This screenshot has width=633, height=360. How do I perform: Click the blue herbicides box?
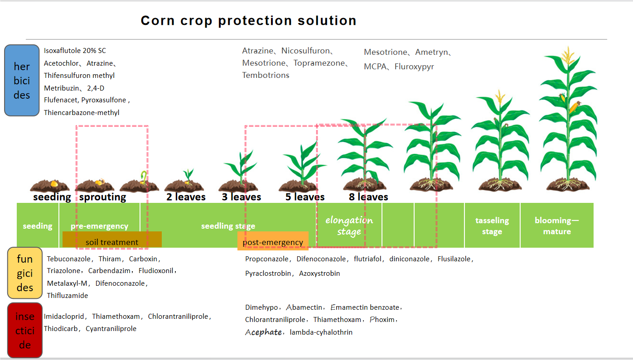click(x=22, y=80)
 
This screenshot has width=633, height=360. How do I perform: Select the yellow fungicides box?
click(x=25, y=273)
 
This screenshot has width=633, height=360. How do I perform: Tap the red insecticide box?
click(x=25, y=330)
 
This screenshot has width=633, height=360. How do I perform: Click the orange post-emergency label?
click(x=273, y=241)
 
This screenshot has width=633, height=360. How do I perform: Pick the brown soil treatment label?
click(x=112, y=240)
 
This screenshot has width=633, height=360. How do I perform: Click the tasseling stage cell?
click(x=492, y=226)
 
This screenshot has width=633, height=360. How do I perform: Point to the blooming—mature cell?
click(x=557, y=226)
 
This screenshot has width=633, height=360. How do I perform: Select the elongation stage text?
click(x=349, y=226)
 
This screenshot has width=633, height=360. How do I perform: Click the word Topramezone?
click(x=319, y=63)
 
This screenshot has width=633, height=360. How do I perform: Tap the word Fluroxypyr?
click(x=414, y=67)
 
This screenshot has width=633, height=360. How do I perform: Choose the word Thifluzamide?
click(x=67, y=295)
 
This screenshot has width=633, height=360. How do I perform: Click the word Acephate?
click(x=263, y=332)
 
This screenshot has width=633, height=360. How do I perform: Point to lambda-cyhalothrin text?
click(x=321, y=332)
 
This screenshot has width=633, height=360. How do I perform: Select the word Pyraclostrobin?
click(x=268, y=274)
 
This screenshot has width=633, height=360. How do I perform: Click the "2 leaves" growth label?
click(x=186, y=197)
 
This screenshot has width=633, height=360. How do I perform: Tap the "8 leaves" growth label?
click(x=368, y=197)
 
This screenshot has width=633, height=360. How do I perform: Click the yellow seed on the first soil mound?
click(x=54, y=184)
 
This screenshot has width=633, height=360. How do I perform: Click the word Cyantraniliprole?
click(x=111, y=329)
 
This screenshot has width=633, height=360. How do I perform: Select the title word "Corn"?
click(x=158, y=21)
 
